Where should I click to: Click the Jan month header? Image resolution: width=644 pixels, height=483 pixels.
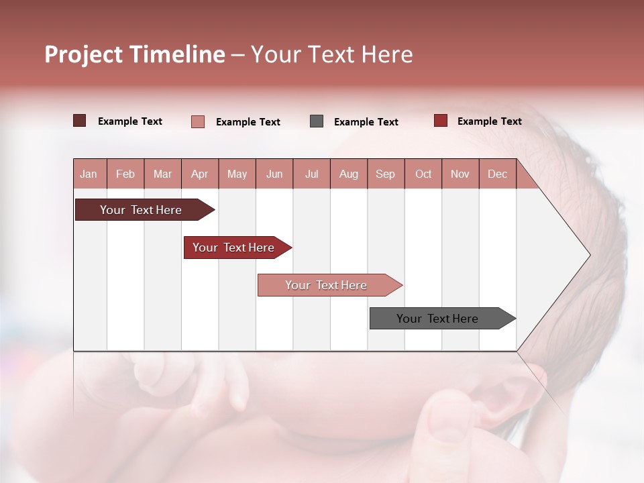[x=89, y=174]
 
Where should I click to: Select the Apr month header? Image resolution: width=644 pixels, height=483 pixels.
[x=200, y=174]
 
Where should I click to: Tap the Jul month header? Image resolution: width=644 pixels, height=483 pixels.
[x=311, y=174]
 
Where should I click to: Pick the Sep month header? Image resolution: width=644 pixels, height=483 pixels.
[x=386, y=174]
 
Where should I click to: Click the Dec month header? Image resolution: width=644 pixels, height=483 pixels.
[x=497, y=174]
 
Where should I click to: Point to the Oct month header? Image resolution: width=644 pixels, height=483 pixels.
[x=423, y=174]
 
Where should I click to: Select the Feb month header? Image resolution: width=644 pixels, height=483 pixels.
[x=125, y=174]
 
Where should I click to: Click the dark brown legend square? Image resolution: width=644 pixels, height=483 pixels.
[x=80, y=121]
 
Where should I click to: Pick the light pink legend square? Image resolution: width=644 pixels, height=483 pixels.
[x=198, y=121]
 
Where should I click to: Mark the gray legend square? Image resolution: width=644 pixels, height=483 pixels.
[x=317, y=121]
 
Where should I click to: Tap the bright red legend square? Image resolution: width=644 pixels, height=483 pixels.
[x=441, y=121]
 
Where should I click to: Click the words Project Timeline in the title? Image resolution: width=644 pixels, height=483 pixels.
[x=135, y=54]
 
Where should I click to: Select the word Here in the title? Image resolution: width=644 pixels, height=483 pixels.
[x=387, y=54]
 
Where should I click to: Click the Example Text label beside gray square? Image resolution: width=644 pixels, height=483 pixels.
[x=366, y=121]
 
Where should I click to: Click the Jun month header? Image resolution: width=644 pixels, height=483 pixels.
[x=274, y=174]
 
